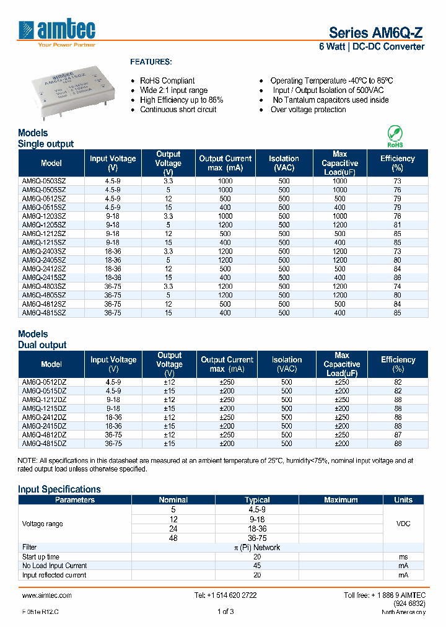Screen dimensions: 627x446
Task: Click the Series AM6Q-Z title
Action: (376, 33)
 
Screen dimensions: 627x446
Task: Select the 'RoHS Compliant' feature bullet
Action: (167, 81)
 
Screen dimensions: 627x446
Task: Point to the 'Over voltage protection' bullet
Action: (308, 110)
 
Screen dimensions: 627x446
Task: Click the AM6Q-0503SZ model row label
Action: (43, 180)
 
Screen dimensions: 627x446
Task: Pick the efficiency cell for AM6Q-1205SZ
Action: (397, 225)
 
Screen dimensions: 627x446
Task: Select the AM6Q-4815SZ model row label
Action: (43, 313)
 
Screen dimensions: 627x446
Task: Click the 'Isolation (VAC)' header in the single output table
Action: (284, 163)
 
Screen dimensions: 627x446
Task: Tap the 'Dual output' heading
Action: (42, 344)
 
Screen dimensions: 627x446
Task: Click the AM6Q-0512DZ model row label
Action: (44, 382)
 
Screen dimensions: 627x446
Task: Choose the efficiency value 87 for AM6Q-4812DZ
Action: (398, 435)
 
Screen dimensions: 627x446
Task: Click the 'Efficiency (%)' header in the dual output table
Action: (398, 364)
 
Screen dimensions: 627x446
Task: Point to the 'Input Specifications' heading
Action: (59, 489)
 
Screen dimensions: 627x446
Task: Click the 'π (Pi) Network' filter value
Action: (256, 547)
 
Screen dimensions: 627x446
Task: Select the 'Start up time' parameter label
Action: (41, 556)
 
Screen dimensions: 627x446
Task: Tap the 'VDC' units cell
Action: (403, 524)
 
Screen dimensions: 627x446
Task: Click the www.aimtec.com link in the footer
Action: (47, 595)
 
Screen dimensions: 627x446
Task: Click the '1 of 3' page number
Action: (225, 612)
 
